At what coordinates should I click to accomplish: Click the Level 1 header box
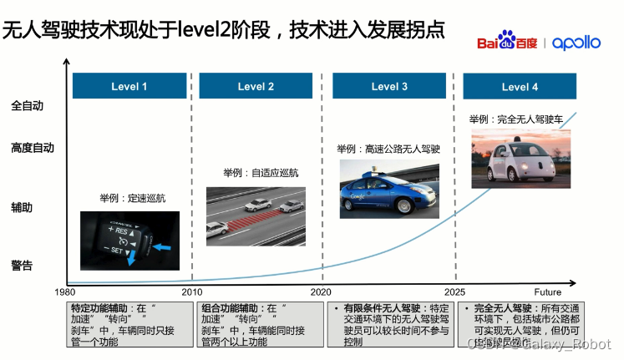tap(129, 87)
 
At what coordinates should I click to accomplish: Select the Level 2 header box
tap(256, 87)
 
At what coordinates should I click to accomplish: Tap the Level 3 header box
tap(389, 87)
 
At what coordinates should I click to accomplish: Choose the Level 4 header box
tap(520, 87)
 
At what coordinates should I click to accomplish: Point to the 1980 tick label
tap(66, 292)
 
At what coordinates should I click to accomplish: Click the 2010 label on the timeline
tap(192, 292)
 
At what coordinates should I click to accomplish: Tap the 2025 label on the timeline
tap(455, 292)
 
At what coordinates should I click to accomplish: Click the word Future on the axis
tap(548, 292)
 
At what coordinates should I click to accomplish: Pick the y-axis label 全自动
tap(27, 106)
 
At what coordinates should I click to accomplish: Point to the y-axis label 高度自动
tap(33, 148)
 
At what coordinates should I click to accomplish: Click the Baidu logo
tap(508, 42)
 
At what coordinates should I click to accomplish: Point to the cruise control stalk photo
tap(129, 240)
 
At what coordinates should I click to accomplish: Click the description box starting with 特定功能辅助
tap(129, 324)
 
